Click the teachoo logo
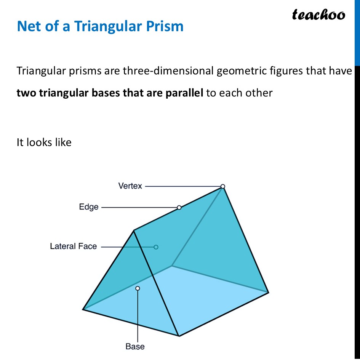point(318,15)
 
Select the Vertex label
point(130,186)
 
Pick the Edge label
point(88,207)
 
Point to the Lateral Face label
point(74,246)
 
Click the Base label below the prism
point(135,346)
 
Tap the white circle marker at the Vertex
point(223,186)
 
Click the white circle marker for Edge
point(179,207)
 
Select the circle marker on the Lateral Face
point(156,247)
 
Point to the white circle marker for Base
point(138,288)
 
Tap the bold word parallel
point(185,93)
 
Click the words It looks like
point(44,142)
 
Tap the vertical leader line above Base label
point(138,316)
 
